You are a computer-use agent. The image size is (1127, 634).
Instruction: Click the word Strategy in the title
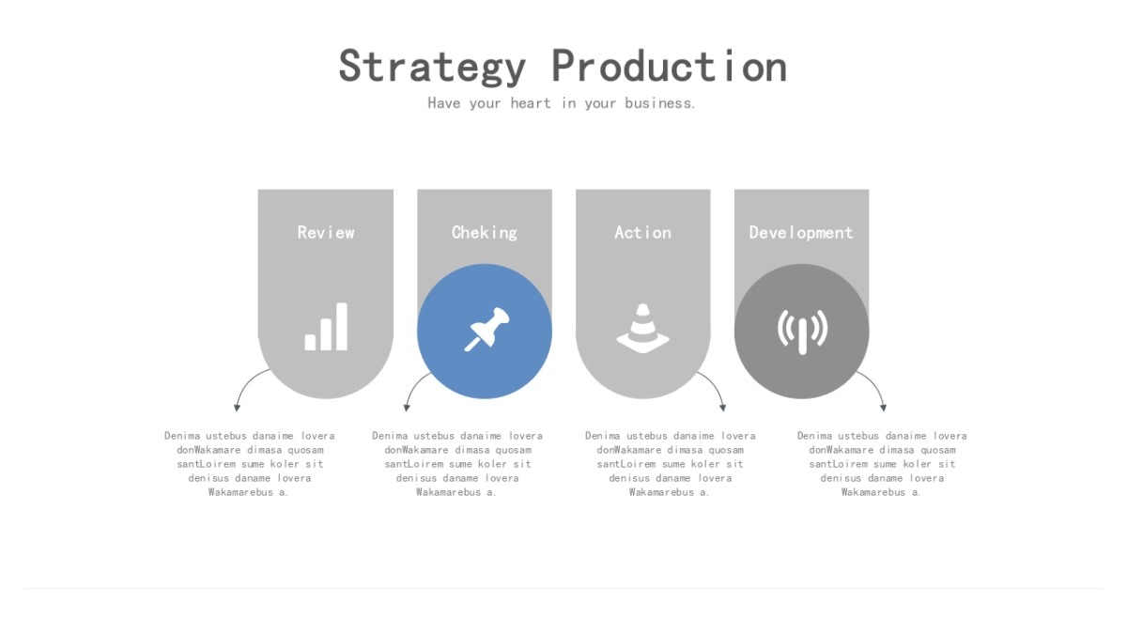pos(432,66)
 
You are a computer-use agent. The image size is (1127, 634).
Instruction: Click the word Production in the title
pos(670,66)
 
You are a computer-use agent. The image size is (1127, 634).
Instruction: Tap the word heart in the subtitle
pos(531,103)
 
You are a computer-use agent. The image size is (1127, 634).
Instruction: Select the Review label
pos(326,233)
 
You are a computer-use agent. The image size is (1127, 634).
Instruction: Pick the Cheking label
pos(484,233)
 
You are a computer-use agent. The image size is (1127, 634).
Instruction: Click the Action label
pos(642,233)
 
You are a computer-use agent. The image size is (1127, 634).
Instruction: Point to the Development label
pos(801,233)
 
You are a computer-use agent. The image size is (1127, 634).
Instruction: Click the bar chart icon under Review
pos(326,327)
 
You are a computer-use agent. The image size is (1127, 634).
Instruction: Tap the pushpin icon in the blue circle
pos(486,330)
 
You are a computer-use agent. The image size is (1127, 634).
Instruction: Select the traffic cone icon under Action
pos(643,328)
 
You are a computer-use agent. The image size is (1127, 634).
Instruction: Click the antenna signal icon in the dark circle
pos(802,332)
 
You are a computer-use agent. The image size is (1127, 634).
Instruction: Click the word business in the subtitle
pos(660,103)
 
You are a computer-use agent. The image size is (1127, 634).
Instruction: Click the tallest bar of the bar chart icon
pos(342,327)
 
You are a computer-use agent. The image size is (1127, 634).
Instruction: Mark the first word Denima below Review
pos(182,436)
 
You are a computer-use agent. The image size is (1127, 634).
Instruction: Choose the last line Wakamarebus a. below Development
pos(881,492)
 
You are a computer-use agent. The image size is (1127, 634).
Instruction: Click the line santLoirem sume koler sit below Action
pos(670,464)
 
